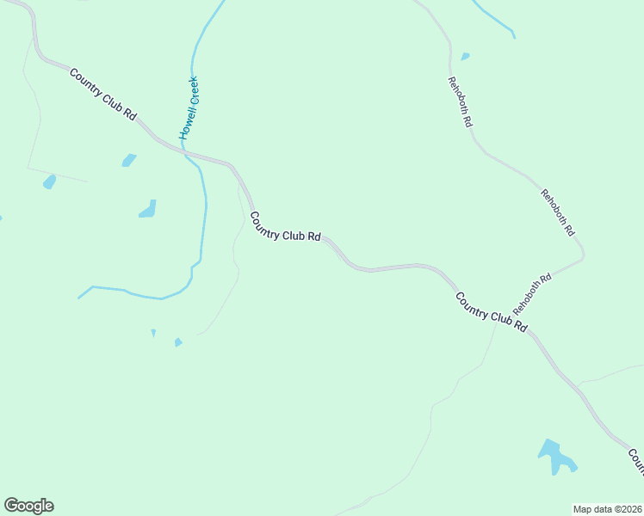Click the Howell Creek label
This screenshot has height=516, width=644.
click(x=189, y=107)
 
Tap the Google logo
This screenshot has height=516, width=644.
click(x=28, y=506)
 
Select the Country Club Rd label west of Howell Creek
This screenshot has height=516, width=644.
click(x=103, y=95)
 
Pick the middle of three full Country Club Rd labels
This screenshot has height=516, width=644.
click(x=286, y=226)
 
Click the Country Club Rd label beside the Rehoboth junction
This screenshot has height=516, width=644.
click(x=491, y=312)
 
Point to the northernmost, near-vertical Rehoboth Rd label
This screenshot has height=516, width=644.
click(x=460, y=102)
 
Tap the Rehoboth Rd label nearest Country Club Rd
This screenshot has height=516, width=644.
click(x=532, y=294)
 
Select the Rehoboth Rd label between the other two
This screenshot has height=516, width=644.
click(x=557, y=212)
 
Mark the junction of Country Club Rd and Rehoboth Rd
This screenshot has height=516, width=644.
click(x=529, y=328)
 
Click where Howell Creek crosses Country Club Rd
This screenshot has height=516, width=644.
click(x=183, y=152)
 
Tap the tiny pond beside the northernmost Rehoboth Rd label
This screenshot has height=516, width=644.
click(x=465, y=57)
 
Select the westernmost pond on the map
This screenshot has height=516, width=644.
click(x=49, y=181)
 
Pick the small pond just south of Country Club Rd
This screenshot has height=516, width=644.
click(x=129, y=160)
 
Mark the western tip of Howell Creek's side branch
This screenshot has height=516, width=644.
click(x=79, y=298)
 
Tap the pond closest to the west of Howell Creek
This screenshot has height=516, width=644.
click(x=148, y=209)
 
